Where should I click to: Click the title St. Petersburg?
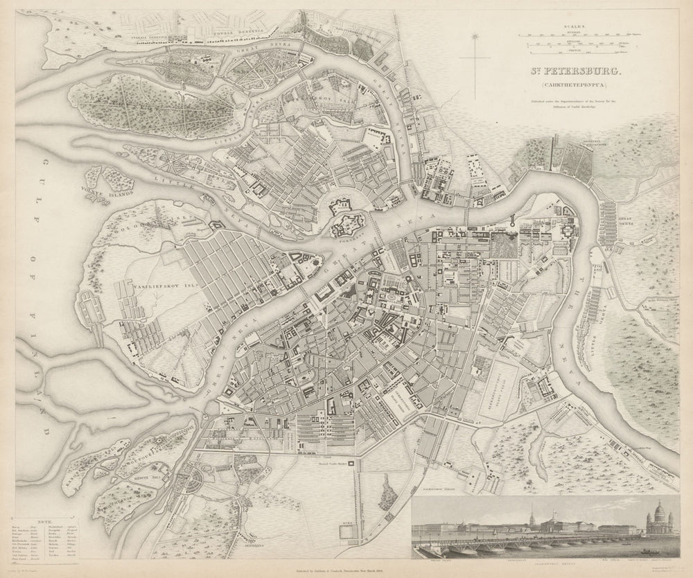[577, 71]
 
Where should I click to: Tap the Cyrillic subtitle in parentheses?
[577, 87]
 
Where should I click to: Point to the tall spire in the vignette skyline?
[508, 516]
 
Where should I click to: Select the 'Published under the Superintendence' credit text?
[577, 105]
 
